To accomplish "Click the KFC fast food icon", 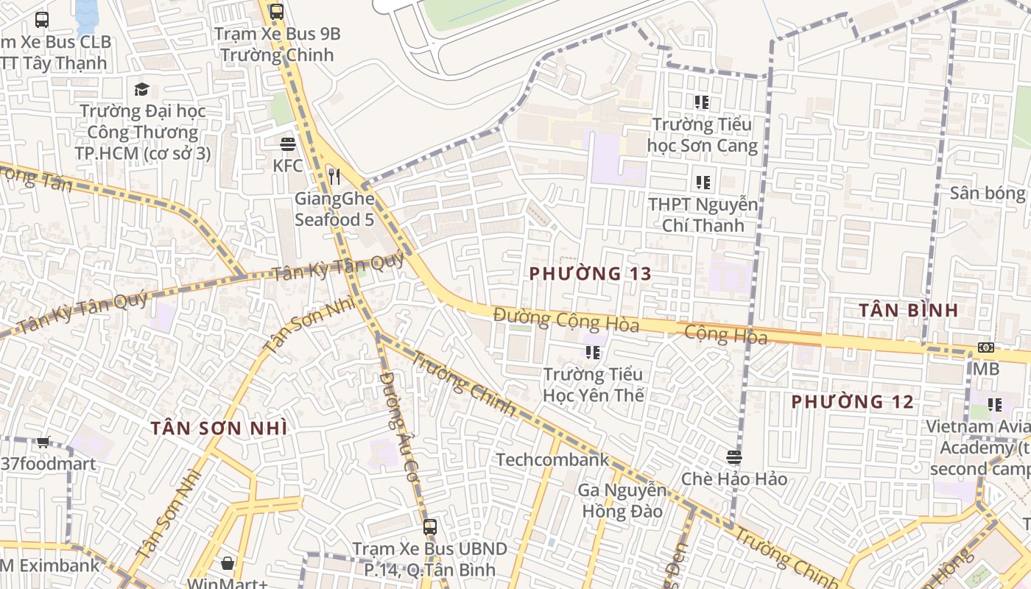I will pos(287,144).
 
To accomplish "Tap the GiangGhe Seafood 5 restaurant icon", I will pos(334,176).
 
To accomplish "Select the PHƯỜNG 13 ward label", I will pos(591,274).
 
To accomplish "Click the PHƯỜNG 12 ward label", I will pos(852,402).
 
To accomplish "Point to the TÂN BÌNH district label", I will pos(908,310).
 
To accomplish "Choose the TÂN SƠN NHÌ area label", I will pos(219,428).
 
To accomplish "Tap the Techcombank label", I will pos(552,460).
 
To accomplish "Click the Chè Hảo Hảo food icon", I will pos(733,457).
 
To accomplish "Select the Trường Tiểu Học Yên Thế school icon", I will pos(593,353).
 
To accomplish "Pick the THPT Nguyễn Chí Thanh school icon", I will pos(703,182).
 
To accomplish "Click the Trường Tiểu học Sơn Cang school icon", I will pos(701,102).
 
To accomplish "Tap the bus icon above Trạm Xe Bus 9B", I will pos(276,11).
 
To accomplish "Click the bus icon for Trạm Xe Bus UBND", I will pos(429,527).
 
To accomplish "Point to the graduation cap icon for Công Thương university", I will pos(141,89).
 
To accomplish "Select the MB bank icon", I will pos(985,347).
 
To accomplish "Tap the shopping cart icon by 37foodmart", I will pos(43,442).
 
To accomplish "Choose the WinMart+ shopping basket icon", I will pos(228,563).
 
